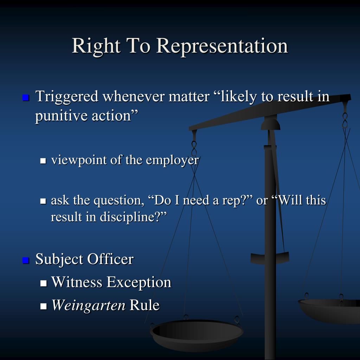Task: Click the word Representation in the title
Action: tap(222, 46)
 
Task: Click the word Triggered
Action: tap(67, 96)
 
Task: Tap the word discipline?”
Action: tap(133, 217)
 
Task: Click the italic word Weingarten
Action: tap(88, 305)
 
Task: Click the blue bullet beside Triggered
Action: tap(25, 97)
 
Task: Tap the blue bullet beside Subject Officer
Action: tap(25, 261)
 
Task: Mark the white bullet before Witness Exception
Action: tap(44, 283)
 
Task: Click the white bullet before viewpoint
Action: tap(44, 161)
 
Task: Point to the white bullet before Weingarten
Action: tap(44, 306)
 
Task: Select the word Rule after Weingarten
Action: tap(144, 305)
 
